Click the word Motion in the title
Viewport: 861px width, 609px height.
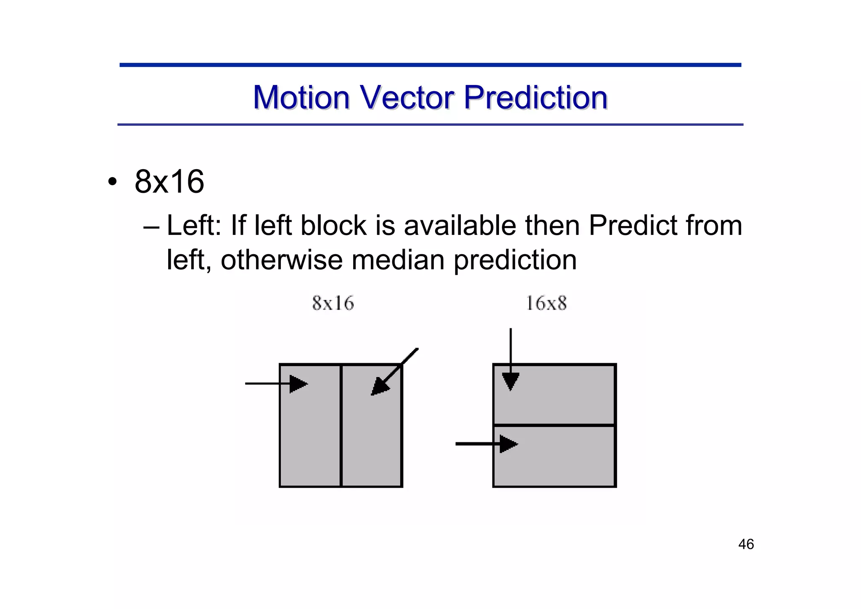[x=301, y=98]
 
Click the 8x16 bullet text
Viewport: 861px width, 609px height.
[x=169, y=182]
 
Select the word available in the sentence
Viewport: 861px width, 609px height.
[x=460, y=226]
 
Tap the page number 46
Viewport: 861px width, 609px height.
[x=746, y=544]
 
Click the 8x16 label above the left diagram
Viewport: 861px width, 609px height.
[x=333, y=303]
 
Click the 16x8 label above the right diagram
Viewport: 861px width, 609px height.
[x=546, y=303]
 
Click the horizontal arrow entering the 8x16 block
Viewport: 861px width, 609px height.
[x=275, y=383]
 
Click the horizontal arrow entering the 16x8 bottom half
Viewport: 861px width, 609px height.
[x=486, y=444]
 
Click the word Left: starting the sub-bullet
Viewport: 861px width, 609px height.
[x=194, y=226]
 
